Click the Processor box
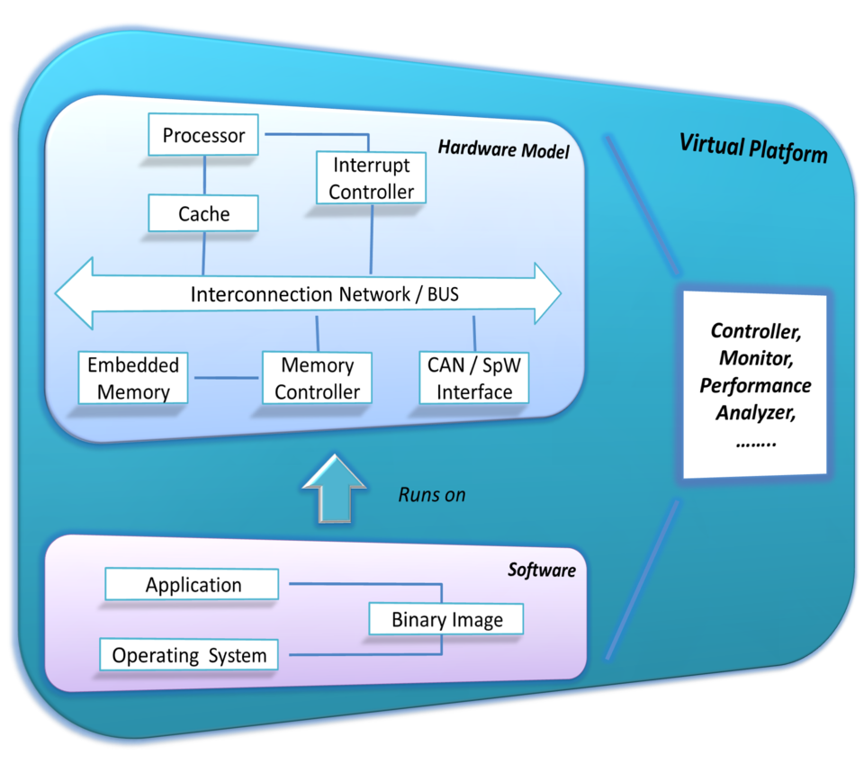203,136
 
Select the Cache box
203,214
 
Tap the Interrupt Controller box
371,178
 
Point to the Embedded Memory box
133,378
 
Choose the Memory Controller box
317,378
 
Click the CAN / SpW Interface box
473,378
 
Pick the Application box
193,585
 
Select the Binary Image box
446,619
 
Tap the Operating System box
189,655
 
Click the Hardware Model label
504,150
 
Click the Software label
541,570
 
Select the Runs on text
432,494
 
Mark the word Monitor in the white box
754,358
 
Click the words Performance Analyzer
755,400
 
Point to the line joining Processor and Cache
204,175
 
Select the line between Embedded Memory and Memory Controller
225,377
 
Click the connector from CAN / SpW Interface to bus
473,334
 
